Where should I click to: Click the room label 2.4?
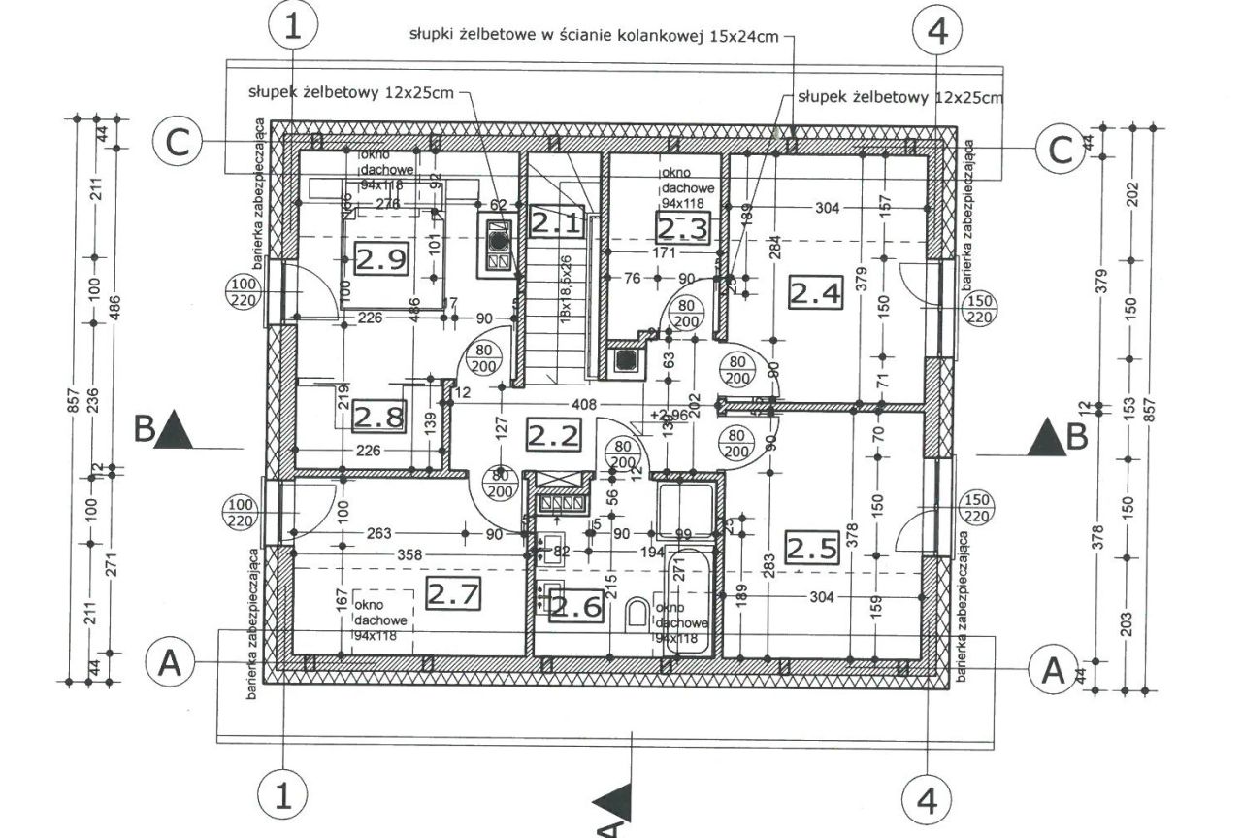tap(814, 291)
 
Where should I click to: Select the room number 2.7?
tap(454, 593)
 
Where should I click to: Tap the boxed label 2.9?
tap(379, 259)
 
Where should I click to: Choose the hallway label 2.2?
tap(553, 433)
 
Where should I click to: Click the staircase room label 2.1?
tap(556, 223)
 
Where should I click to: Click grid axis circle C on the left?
tap(178, 144)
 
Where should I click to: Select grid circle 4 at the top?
tap(936, 31)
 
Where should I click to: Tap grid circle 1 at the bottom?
tap(282, 796)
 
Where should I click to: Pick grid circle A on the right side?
tap(1052, 669)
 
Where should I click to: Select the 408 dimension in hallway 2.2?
tap(582, 403)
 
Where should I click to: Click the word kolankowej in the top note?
tap(683, 36)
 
